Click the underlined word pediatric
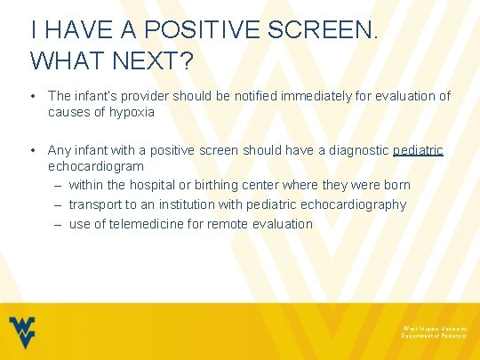point(418,150)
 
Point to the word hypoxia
point(132,112)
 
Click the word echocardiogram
point(96,166)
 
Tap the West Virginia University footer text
point(434,328)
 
